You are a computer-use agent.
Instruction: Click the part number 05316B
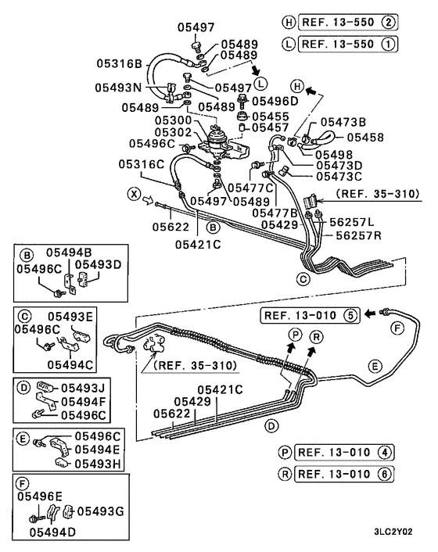120,63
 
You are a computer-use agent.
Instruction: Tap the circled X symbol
134,192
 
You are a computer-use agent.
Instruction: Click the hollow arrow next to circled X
149,201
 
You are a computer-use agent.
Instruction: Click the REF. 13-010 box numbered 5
309,316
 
